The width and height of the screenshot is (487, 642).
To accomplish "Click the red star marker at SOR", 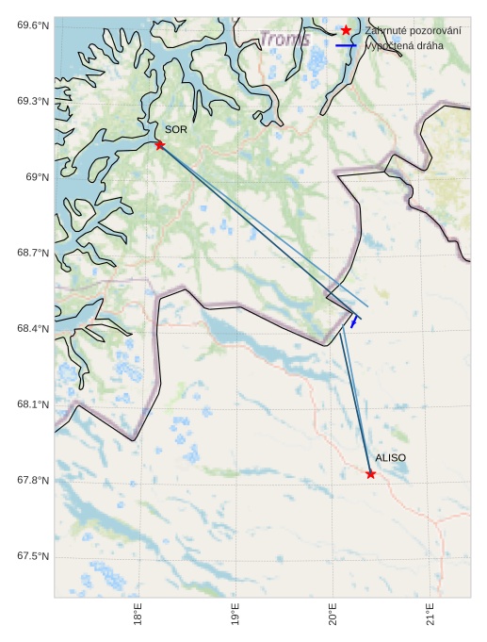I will tap(159, 144).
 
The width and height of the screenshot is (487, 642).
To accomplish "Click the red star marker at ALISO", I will tap(370, 473).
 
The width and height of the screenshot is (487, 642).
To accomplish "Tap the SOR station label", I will tap(176, 129).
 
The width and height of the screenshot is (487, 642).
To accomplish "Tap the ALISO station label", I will tap(390, 458).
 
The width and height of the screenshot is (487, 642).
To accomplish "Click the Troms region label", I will tap(284, 40).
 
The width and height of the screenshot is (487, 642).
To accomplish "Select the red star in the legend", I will tap(346, 31).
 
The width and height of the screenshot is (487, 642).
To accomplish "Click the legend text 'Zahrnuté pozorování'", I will tap(413, 31).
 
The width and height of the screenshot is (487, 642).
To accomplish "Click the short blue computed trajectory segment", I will tap(354, 321).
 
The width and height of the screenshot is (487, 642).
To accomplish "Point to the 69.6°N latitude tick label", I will tap(33, 25).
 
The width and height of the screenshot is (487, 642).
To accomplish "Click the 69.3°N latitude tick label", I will tap(33, 101).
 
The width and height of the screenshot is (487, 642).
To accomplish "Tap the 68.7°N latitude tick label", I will tap(33, 253).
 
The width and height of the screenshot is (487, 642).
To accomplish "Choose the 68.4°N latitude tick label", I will tap(33, 329).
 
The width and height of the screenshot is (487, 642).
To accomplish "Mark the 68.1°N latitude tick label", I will tap(33, 404).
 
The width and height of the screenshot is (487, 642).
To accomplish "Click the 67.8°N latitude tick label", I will tap(33, 481).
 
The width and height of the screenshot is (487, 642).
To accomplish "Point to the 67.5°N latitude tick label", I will tap(33, 556).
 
